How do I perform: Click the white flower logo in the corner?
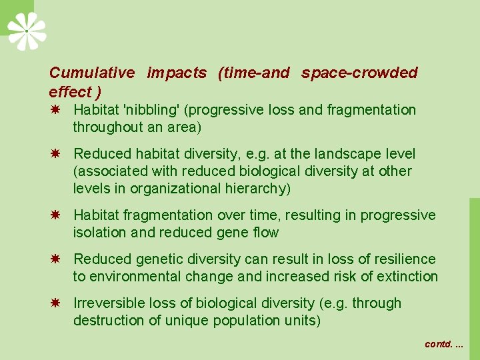(27, 31)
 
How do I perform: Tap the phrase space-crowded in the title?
(359, 73)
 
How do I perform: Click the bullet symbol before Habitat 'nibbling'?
(57, 109)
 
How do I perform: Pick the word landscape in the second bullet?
(338, 154)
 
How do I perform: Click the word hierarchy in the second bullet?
(256, 189)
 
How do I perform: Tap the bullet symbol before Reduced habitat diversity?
(57, 153)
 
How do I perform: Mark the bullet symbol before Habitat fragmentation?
(57, 215)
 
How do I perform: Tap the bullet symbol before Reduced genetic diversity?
(57, 259)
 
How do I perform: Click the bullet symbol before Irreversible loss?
(57, 303)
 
